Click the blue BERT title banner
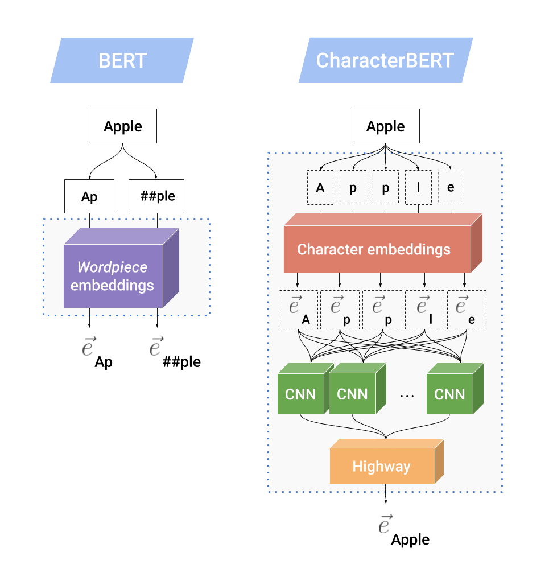tap(122, 60)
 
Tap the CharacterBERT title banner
tap(385, 60)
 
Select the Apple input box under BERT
tap(122, 126)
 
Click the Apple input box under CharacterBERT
tap(385, 126)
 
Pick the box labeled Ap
tap(89, 196)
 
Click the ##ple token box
tap(156, 196)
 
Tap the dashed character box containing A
tap(320, 187)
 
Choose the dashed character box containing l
tap(418, 187)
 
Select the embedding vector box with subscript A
tap(299, 310)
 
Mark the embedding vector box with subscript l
tap(424, 310)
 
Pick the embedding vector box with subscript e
tap(467, 310)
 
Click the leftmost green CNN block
tap(300, 393)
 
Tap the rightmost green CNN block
tap(449, 393)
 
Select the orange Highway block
tap(381, 467)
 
